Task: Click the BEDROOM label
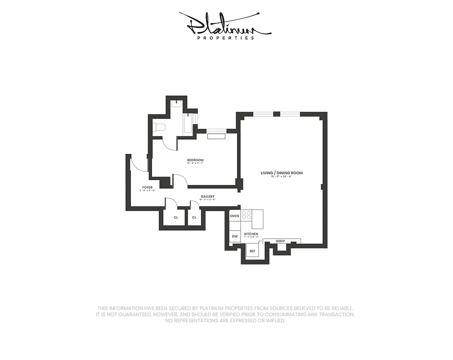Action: [x=195, y=160]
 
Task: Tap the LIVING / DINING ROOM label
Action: [x=282, y=173]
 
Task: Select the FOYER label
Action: [x=147, y=187]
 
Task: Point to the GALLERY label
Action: [x=207, y=196]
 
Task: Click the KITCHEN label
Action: [x=251, y=234]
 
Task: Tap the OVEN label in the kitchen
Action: [x=234, y=216]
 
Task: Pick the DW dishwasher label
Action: [x=234, y=236]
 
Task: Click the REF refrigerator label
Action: [x=252, y=251]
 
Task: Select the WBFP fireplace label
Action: [x=281, y=241]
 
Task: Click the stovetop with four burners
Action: [x=246, y=215]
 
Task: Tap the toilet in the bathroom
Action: [x=159, y=127]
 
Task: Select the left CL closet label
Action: [x=176, y=217]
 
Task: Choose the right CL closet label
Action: [x=194, y=217]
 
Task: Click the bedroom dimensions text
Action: [x=195, y=164]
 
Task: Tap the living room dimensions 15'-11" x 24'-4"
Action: [x=282, y=176]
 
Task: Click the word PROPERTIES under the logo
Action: [x=226, y=38]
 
